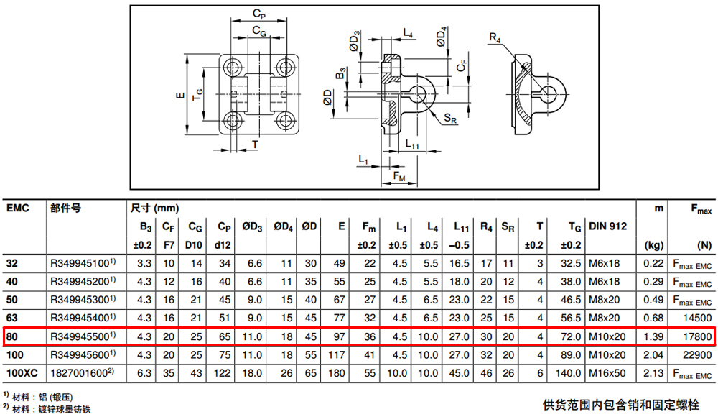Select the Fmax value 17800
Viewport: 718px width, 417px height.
tap(697, 336)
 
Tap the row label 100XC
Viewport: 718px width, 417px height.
tap(22, 373)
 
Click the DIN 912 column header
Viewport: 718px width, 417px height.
tap(607, 226)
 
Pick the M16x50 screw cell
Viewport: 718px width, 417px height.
tap(607, 373)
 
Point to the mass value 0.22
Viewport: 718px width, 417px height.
tap(653, 263)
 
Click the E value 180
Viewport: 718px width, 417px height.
tap(337, 373)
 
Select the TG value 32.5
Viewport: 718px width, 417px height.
tap(571, 263)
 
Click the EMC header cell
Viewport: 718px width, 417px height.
tap(18, 208)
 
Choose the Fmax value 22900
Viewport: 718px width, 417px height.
tap(697, 354)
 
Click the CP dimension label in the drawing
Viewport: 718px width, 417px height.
tap(259, 14)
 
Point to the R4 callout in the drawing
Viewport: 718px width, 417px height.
tap(495, 37)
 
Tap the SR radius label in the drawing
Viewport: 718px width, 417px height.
tap(450, 119)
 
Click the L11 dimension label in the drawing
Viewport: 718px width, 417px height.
tap(412, 144)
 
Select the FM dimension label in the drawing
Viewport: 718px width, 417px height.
tap(398, 176)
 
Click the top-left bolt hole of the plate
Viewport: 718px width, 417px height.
tap(233, 68)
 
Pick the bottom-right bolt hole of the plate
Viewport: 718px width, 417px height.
tap(286, 122)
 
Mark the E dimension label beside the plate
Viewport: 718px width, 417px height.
tap(180, 96)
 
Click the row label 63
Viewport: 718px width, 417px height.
tap(12, 318)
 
